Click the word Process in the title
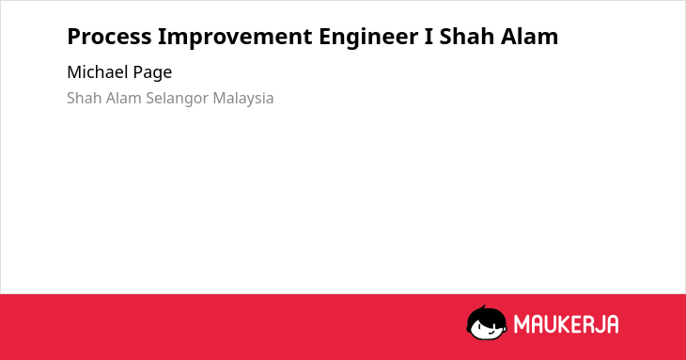tap(109, 37)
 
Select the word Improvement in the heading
tap(235, 37)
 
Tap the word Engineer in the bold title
tap(368, 38)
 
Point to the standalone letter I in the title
tap(429, 37)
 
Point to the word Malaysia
tap(243, 100)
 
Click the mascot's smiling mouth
tap(491, 332)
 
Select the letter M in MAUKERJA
tap(521, 324)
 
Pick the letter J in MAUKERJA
tap(599, 324)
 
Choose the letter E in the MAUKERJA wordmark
tap(575, 324)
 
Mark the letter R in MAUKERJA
tap(586, 324)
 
